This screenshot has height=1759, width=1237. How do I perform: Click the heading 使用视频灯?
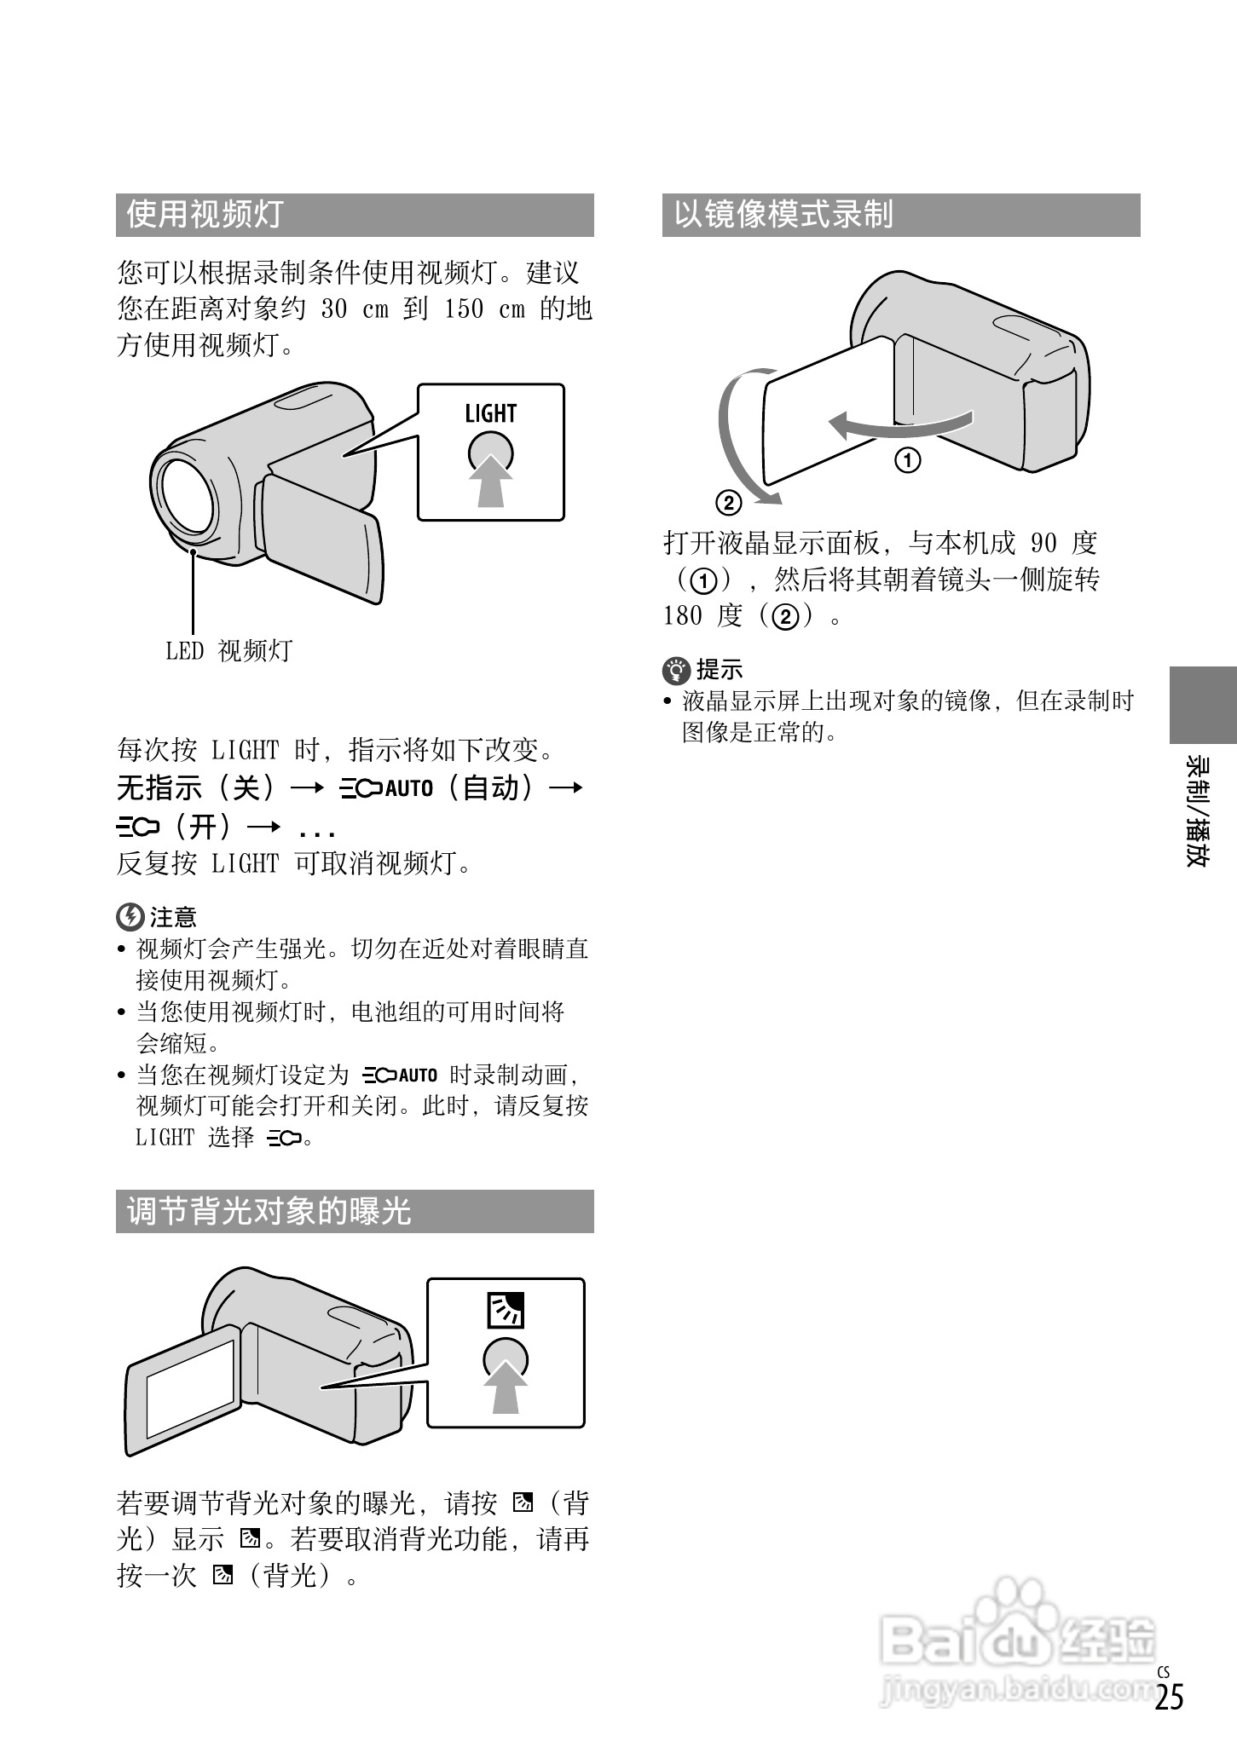click(205, 215)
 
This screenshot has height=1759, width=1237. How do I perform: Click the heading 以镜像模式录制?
click(783, 215)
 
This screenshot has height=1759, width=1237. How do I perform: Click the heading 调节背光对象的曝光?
click(269, 1211)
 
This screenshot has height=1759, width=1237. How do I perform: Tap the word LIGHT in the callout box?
click(490, 414)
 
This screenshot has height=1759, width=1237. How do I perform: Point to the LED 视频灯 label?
click(228, 651)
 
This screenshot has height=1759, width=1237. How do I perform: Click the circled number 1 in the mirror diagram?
click(907, 461)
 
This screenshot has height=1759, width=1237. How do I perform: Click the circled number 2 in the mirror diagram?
click(728, 503)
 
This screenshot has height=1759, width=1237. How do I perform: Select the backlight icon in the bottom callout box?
click(505, 1311)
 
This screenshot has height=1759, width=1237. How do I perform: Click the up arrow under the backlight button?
click(506, 1387)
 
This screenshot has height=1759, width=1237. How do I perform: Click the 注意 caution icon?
click(129, 917)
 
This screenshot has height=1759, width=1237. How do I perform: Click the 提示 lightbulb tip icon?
click(676, 670)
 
